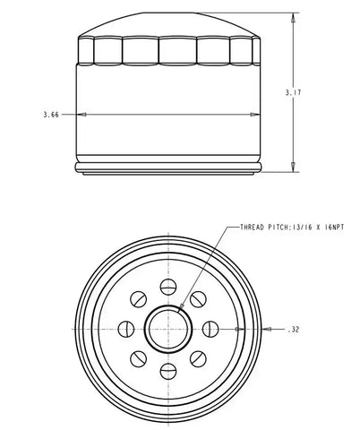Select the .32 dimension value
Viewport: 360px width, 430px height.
point(296,330)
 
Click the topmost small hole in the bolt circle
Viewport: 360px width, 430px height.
point(167,287)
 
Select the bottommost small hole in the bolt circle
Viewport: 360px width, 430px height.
point(167,369)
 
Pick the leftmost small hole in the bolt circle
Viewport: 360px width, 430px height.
point(126,328)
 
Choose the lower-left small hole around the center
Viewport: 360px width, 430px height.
point(138,357)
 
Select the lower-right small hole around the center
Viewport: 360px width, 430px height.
point(197,357)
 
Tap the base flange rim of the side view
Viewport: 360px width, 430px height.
point(167,168)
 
